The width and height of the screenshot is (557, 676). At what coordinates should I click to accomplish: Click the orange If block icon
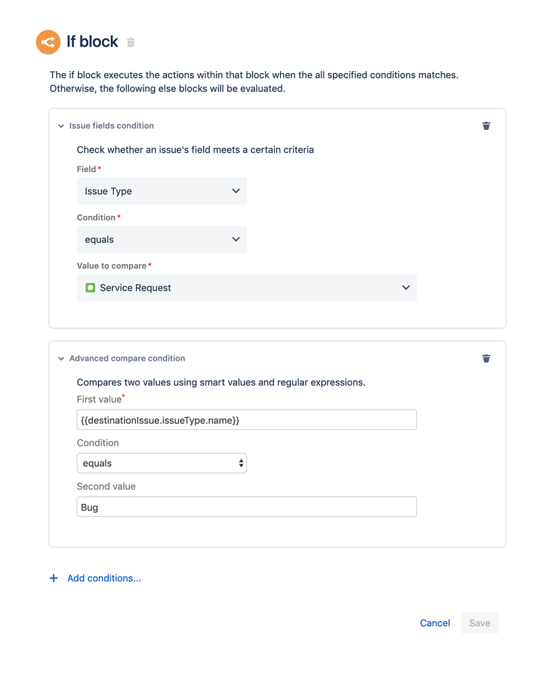point(48,42)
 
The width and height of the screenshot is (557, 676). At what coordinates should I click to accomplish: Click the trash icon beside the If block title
point(131,43)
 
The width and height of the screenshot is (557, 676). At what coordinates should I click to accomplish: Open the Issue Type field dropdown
point(161,191)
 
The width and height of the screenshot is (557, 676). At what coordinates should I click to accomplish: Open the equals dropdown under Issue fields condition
point(161,240)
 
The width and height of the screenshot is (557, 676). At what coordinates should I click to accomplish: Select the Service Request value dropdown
point(246,288)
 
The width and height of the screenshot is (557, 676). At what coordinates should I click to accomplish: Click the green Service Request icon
point(91,288)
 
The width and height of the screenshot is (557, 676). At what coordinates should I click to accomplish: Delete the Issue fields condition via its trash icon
point(486,126)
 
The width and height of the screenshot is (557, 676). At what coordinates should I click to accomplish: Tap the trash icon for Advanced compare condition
point(486,359)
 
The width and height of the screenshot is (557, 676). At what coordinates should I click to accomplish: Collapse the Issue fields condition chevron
point(61,126)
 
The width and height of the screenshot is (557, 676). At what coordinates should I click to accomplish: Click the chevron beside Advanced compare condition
point(61,359)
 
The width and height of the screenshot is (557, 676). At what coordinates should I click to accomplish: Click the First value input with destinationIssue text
point(246,420)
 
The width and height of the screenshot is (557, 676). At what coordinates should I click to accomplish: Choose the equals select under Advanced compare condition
point(161,464)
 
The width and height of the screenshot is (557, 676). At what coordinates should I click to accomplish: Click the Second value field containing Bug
point(246,507)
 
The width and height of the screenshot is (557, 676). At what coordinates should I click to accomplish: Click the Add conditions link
point(104,579)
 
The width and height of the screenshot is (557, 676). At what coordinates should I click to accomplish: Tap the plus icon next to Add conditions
point(54,579)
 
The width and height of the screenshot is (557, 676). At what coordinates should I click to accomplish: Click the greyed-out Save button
point(479,623)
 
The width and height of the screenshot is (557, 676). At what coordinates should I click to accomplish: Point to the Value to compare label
point(111,266)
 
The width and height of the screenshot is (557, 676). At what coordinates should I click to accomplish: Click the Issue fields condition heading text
point(112,126)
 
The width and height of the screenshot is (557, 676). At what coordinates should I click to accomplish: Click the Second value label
point(106,487)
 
